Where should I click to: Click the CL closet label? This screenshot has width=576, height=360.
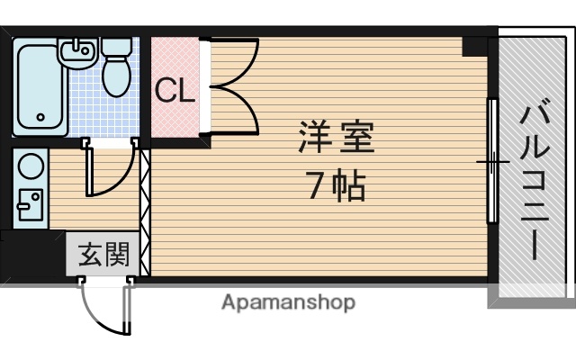175,90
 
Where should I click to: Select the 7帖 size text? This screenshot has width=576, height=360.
335,185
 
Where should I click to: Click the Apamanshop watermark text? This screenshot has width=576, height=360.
288,302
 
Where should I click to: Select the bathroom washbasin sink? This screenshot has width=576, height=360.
76,53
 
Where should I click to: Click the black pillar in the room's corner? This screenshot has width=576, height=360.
473,46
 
